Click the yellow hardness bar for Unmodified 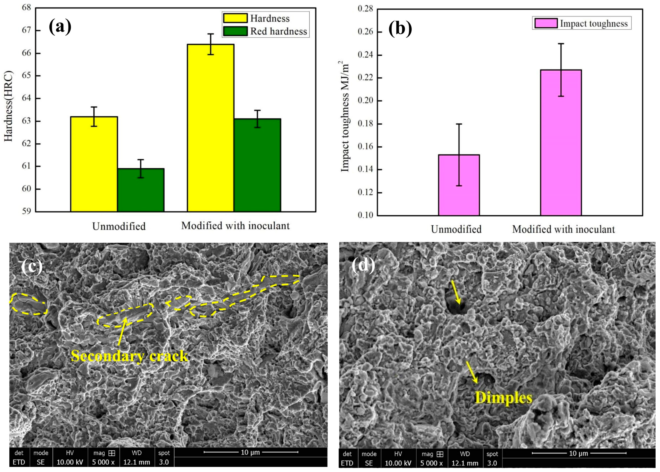(94, 164)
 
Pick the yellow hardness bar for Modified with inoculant (211, 128)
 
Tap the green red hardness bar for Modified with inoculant (257, 165)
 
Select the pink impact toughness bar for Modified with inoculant (561, 142)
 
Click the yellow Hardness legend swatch (235, 18)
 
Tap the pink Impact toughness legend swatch (546, 23)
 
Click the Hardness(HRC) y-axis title (9, 106)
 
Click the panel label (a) (60, 27)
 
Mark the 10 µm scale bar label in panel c (250, 452)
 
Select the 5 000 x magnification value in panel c (103, 462)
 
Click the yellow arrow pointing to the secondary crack (122, 331)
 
